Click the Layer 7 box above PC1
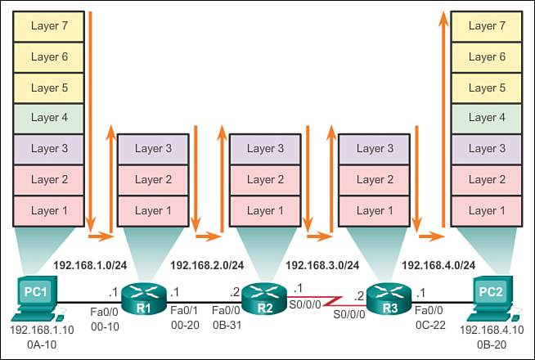pyautogui.click(x=49, y=25)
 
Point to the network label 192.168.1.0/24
pyautogui.click(x=90, y=265)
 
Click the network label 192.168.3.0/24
pyautogui.click(x=322, y=265)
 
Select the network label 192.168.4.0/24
pyautogui.click(x=438, y=265)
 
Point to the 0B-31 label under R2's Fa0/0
pyautogui.click(x=224, y=325)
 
